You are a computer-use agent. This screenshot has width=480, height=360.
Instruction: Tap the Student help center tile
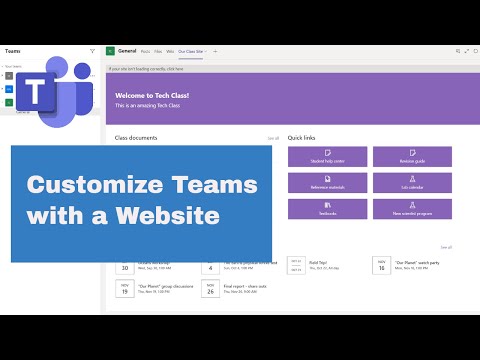coord(326,156)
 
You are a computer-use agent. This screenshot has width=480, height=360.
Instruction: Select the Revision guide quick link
coord(412,156)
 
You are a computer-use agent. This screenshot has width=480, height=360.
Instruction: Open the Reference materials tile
coord(326,182)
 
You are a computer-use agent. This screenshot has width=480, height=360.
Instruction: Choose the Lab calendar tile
coord(412,182)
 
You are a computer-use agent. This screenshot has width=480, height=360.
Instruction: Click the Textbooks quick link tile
coord(326,209)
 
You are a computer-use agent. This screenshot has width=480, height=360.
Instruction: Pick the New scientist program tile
coord(412,209)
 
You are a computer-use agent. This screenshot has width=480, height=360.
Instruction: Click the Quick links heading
coord(302,137)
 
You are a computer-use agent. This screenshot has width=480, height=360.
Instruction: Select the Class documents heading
coord(136,137)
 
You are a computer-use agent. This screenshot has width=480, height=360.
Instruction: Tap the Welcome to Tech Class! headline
coord(152,95)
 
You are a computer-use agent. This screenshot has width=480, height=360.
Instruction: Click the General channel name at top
coord(127,49)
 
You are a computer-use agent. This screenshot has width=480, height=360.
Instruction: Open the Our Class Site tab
coord(191,49)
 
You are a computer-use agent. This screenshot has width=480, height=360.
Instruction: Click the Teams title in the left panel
coord(13,49)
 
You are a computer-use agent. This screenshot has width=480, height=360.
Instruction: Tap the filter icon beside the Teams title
coord(93,49)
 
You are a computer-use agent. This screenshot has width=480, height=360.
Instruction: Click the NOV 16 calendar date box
coord(381,265)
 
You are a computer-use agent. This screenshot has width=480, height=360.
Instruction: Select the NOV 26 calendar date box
coord(210,288)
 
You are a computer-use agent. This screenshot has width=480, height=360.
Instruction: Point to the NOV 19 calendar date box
coord(125,288)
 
